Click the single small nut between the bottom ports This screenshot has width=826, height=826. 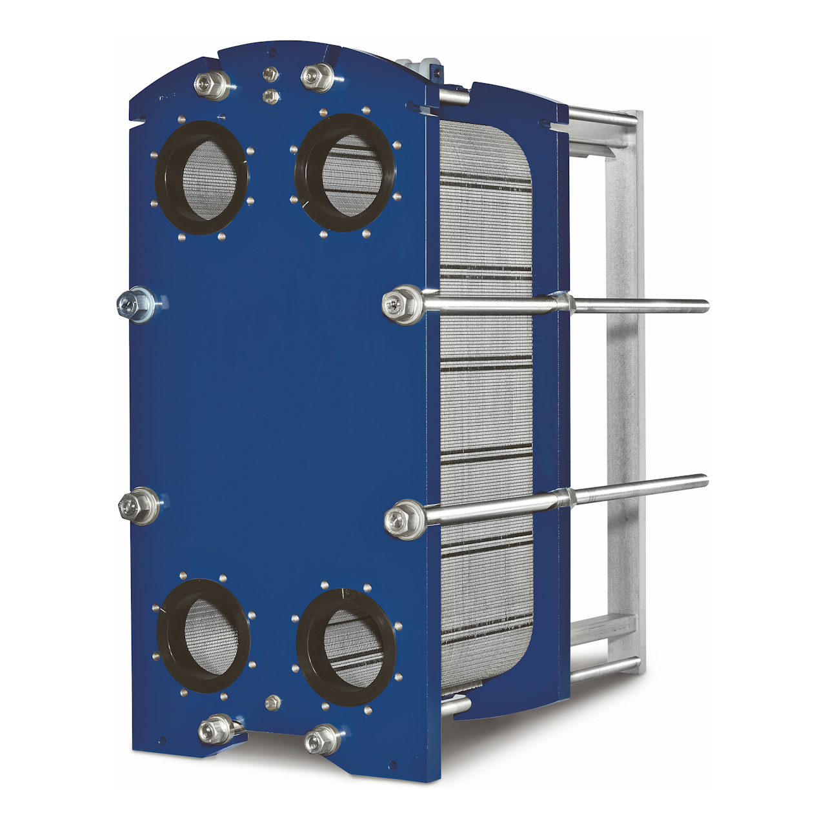pos(272,703)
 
